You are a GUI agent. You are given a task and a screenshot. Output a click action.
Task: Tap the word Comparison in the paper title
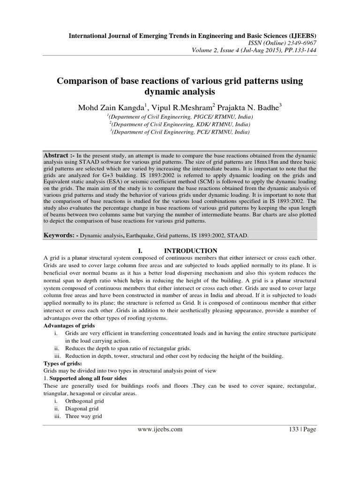click(x=82, y=81)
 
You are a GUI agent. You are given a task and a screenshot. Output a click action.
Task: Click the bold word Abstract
click(x=56, y=154)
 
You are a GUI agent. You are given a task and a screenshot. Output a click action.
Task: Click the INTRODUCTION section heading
click(x=190, y=251)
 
